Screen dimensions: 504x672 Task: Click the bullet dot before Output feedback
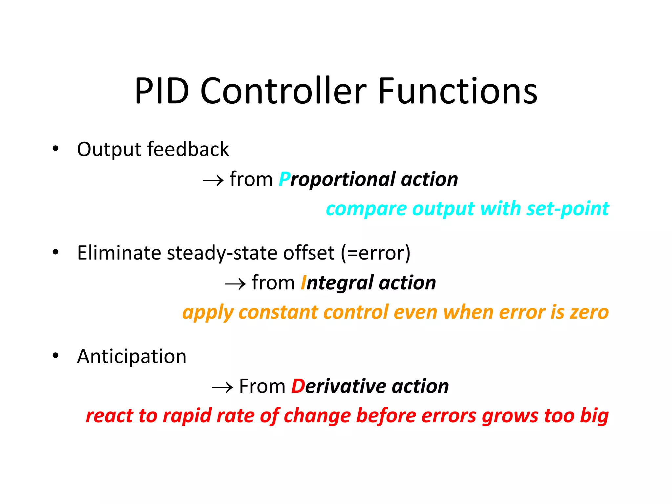[x=55, y=149]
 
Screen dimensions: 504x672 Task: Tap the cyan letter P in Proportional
[x=284, y=179]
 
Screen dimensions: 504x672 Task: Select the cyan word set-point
[x=568, y=209]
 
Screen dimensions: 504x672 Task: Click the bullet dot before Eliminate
[x=55, y=252]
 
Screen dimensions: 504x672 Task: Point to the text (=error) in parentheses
[x=375, y=253]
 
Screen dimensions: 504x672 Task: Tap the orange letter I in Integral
[x=304, y=283]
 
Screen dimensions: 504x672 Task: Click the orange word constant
[x=278, y=312]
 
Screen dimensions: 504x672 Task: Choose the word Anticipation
[x=132, y=357]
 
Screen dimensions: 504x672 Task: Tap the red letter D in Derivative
[x=298, y=386]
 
